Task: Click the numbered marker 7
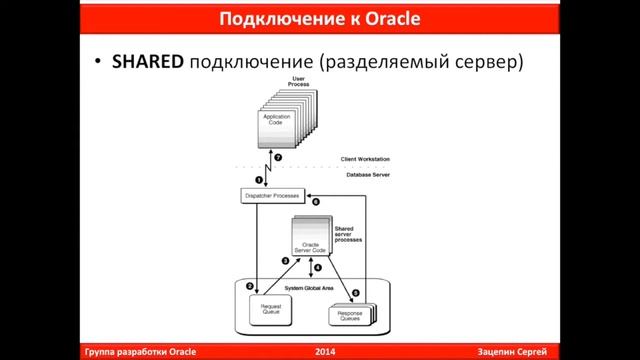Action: (278, 159)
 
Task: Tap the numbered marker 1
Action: (258, 180)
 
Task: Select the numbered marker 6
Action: (316, 203)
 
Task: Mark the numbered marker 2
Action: (250, 287)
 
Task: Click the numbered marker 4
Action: (319, 268)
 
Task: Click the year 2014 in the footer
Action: (325, 351)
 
